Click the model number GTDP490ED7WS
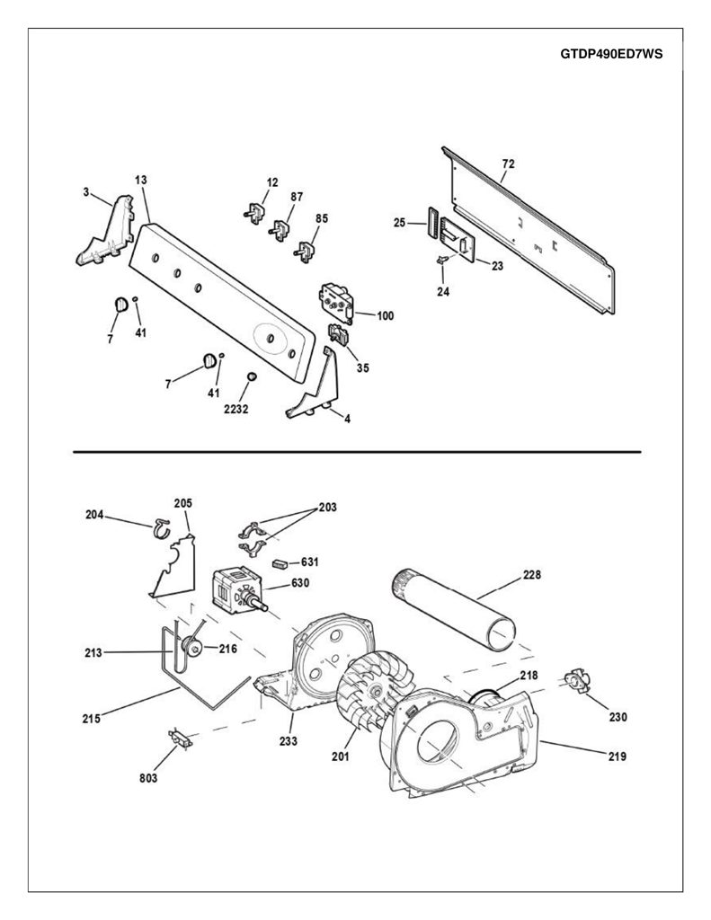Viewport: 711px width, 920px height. (611, 54)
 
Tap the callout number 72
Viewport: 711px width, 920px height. (509, 164)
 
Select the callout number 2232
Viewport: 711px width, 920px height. (236, 409)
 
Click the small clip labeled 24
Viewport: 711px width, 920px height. (442, 260)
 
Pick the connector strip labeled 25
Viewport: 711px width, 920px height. (434, 223)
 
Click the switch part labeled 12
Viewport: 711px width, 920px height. (253, 212)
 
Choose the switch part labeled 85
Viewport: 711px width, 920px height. (304, 251)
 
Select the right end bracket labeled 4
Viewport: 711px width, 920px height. (314, 385)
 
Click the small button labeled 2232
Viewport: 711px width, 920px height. (252, 376)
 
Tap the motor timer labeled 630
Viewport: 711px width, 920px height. (237, 590)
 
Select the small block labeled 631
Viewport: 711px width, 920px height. (280, 564)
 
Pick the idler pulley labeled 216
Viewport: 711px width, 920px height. (191, 646)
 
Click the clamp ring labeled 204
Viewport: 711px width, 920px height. (160, 528)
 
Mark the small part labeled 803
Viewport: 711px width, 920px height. (180, 739)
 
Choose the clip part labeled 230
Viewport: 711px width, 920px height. (575, 681)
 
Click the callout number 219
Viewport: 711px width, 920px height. (617, 756)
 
